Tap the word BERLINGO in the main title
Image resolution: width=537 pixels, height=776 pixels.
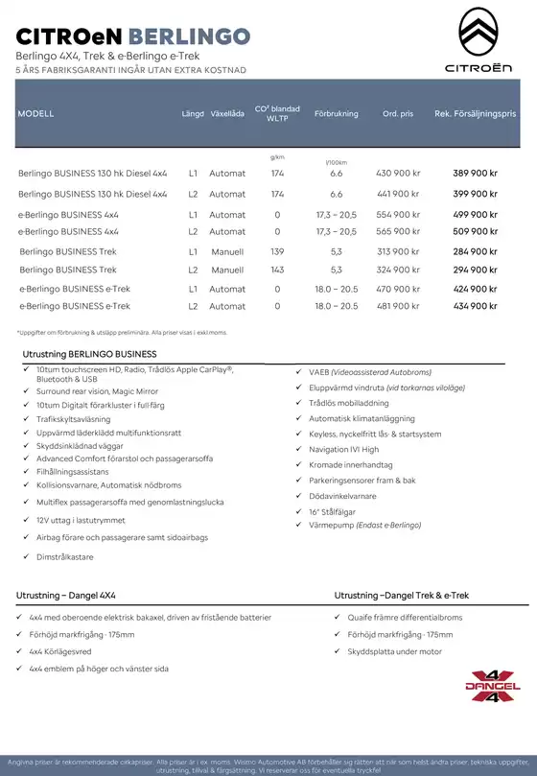tap(188, 36)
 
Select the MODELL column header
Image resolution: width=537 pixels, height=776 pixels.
tap(35, 114)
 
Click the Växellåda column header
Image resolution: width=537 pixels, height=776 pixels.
tap(227, 114)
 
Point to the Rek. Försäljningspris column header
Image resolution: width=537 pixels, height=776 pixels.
tap(475, 114)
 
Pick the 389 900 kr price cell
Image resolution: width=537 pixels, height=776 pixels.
tap(475, 174)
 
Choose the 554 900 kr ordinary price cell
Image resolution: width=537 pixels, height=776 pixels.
tap(398, 215)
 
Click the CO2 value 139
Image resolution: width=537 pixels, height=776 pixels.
tap(277, 251)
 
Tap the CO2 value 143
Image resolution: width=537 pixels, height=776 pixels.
tap(277, 270)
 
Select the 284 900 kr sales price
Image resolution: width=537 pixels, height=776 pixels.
tap(475, 251)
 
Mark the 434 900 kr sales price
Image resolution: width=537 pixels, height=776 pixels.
tap(475, 306)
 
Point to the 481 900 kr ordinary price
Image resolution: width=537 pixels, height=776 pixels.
tap(398, 306)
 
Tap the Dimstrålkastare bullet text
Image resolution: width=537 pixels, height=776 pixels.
tap(65, 556)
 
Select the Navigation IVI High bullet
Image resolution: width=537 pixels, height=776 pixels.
tap(343, 449)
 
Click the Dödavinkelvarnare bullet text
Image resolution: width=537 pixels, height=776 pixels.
tap(342, 496)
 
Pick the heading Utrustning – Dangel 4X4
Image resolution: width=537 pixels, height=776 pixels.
tap(66, 596)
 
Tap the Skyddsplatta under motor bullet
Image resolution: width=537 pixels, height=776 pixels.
tap(394, 651)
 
